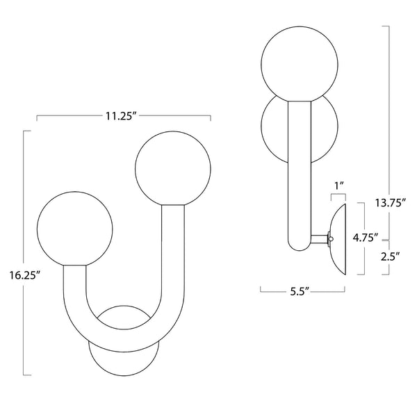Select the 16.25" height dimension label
click(26, 275)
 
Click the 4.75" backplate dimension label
click(364, 236)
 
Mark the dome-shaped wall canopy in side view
click(340, 240)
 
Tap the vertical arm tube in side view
click(297, 174)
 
